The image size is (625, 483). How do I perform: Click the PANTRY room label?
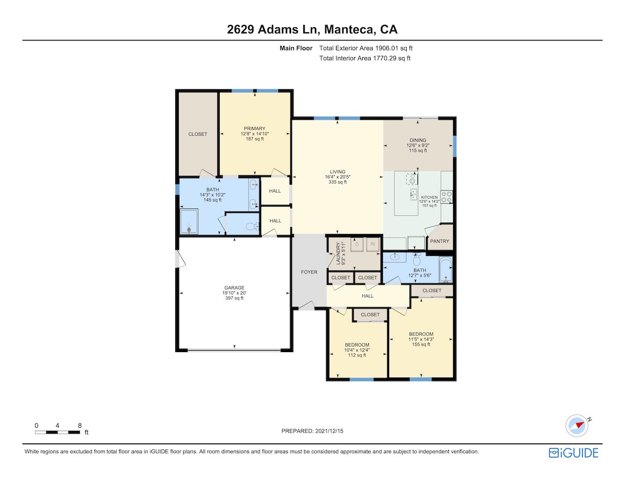pyautogui.click(x=439, y=241)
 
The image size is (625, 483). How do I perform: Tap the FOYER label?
pyautogui.click(x=309, y=272)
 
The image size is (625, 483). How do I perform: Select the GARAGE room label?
pyautogui.click(x=234, y=288)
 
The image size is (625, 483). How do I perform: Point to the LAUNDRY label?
pyautogui.click(x=338, y=253)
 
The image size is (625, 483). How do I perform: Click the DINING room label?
pyautogui.click(x=417, y=140)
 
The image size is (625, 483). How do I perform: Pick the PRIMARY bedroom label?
pyautogui.click(x=254, y=128)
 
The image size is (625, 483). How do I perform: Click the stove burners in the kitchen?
pyautogui.click(x=446, y=197)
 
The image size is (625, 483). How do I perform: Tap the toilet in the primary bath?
pyautogui.click(x=252, y=227)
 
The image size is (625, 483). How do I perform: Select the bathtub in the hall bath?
pyautogui.click(x=445, y=269)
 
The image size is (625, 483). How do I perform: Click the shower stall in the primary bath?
pyautogui.click(x=189, y=221)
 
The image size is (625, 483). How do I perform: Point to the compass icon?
pyautogui.click(x=577, y=426)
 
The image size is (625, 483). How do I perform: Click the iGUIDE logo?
pyautogui.click(x=573, y=453)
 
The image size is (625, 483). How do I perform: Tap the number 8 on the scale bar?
pyautogui.click(x=80, y=425)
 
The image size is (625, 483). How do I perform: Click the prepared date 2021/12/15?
pyautogui.click(x=329, y=431)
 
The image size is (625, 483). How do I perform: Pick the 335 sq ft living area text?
pyautogui.click(x=337, y=182)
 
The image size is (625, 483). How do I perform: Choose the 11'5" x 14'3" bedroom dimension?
pyautogui.click(x=421, y=339)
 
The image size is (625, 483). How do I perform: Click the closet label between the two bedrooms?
pyautogui.click(x=370, y=315)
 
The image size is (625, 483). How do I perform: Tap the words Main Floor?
pyautogui.click(x=296, y=48)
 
